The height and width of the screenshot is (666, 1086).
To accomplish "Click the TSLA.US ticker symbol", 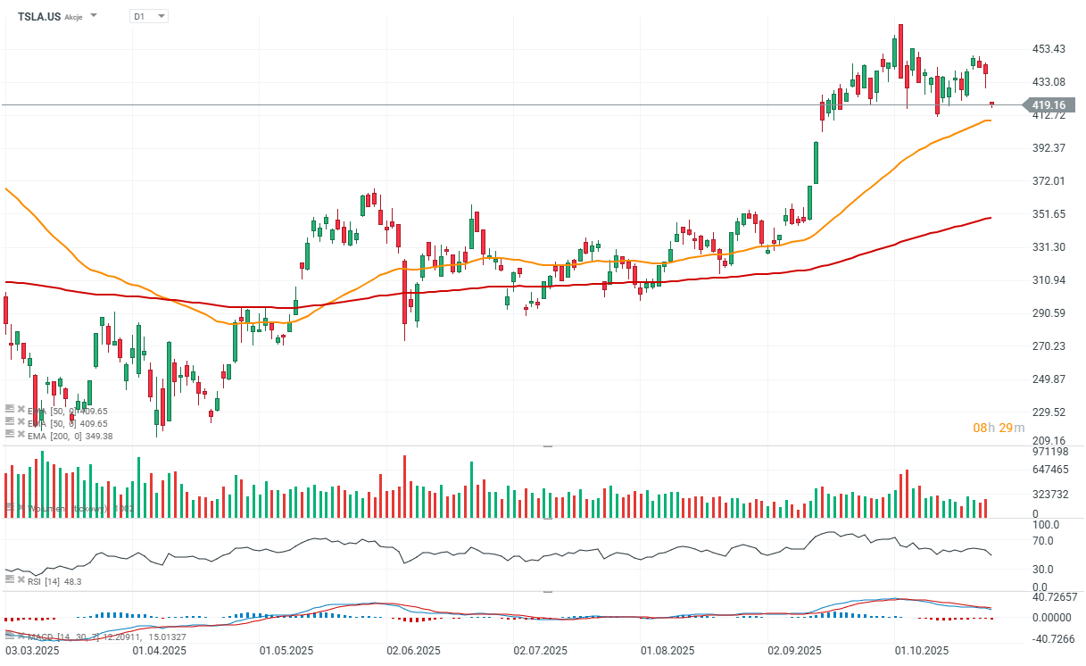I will [39, 16].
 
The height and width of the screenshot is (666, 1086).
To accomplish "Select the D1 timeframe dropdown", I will [147, 16].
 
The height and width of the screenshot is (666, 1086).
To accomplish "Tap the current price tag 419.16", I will [1049, 105].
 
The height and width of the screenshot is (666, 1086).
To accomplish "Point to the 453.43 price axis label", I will [1049, 48].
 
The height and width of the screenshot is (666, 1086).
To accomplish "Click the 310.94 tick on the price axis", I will [1049, 280].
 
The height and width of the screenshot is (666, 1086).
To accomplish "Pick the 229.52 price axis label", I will [1049, 412].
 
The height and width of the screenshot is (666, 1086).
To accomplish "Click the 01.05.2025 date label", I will [286, 651].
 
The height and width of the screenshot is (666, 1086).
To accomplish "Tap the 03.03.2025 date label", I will [31, 651].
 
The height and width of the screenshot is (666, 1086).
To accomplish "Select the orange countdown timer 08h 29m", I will [991, 429].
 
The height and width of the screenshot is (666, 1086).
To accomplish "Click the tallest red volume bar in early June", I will [404, 487].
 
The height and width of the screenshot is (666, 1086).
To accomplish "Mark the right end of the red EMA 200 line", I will [991, 218].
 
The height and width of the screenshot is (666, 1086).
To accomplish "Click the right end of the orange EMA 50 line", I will [990, 120].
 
